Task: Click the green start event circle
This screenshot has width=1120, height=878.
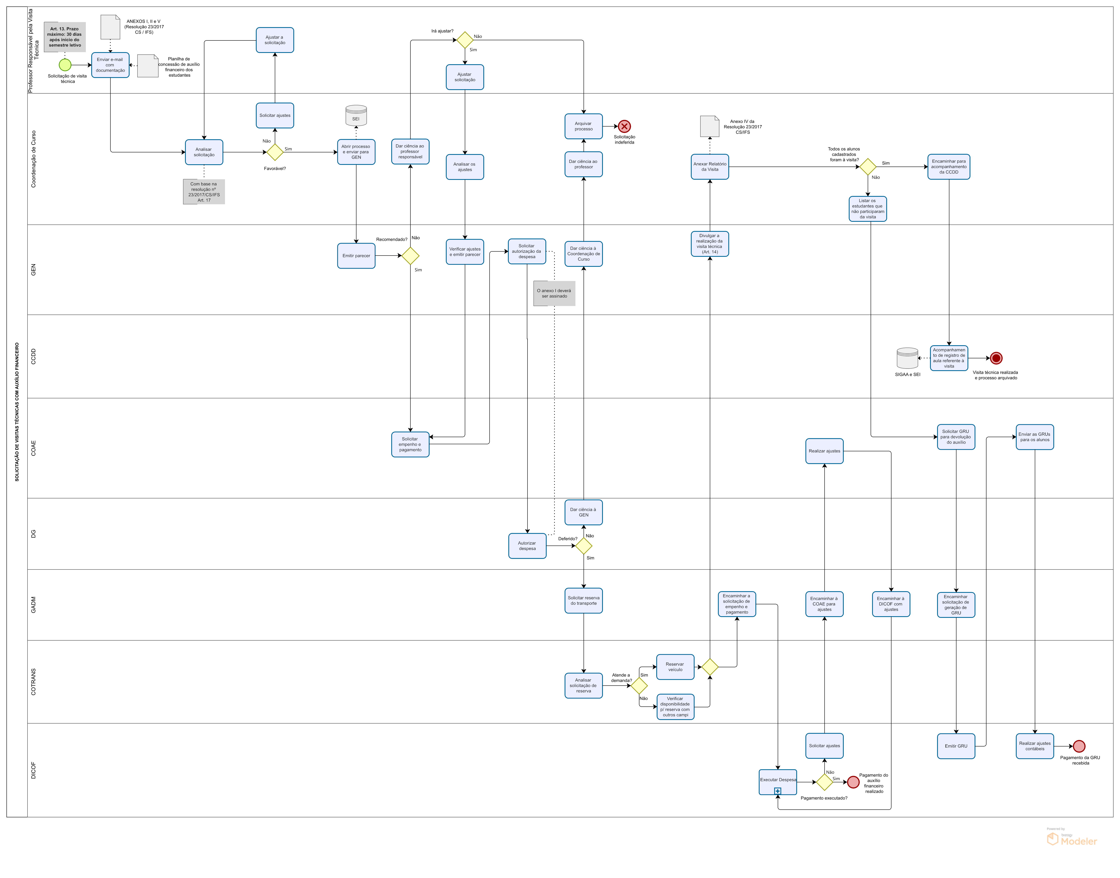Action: (65, 65)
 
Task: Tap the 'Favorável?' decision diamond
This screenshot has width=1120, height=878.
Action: (275, 152)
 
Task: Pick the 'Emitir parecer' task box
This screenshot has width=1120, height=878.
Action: (356, 256)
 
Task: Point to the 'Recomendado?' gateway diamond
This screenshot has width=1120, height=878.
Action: (410, 256)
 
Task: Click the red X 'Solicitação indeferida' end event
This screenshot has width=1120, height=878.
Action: (624, 127)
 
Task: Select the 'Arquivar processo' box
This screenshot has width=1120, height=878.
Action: (584, 127)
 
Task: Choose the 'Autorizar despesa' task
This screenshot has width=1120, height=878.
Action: (527, 546)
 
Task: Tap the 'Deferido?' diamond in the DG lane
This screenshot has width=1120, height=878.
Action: (584, 546)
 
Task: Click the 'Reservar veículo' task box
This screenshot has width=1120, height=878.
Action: (675, 667)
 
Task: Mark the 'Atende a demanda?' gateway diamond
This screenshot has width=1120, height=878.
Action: (639, 686)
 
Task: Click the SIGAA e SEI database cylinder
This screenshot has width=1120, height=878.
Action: (907, 358)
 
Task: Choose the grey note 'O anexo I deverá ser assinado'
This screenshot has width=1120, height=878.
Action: (554, 294)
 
